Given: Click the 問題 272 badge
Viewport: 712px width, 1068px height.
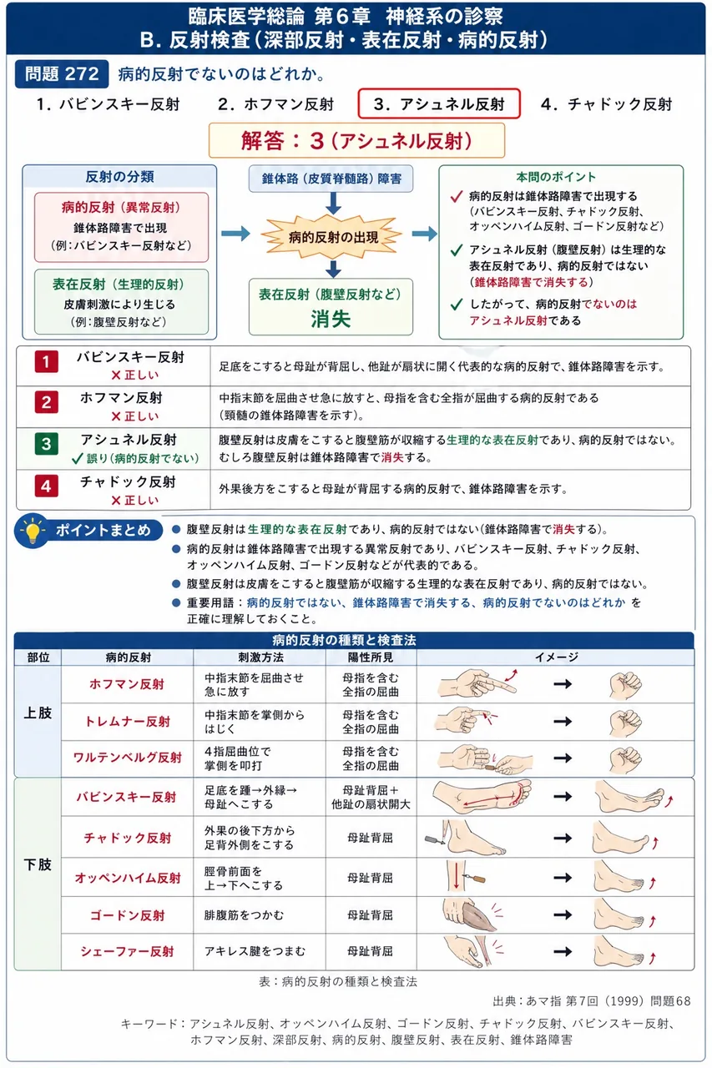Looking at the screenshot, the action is [62, 74].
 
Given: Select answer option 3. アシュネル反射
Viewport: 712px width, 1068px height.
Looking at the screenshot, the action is [439, 103].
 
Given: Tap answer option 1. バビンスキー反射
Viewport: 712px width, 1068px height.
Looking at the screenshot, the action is [109, 104].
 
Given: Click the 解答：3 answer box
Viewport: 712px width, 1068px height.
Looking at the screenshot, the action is [356, 141].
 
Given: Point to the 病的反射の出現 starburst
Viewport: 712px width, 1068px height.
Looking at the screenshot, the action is [332, 237].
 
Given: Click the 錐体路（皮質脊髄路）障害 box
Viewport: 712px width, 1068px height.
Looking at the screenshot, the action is [331, 179].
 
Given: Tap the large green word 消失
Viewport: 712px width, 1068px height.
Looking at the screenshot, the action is [331, 319].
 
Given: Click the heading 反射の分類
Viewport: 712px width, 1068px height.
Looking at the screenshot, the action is [119, 177].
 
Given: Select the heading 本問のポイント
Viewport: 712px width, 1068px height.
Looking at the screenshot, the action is [556, 177].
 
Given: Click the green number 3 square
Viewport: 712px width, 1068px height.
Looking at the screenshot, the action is [46, 444].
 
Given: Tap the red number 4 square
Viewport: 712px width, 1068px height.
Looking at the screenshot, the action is [46, 486].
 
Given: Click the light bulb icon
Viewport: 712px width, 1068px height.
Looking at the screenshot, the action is [33, 530].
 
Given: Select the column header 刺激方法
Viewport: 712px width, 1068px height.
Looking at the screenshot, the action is [260, 657].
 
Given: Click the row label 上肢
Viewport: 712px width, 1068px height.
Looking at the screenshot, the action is [38, 713].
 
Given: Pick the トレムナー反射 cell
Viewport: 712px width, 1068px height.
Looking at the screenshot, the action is [128, 722].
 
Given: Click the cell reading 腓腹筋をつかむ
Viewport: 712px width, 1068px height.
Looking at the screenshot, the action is [244, 915].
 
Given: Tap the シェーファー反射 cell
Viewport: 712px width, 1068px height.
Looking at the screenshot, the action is [128, 951].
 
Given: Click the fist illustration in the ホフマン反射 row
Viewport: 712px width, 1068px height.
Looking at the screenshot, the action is [626, 685].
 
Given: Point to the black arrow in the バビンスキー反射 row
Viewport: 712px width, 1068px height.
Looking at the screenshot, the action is [563, 796].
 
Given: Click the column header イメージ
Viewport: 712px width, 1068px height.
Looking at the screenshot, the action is [556, 657].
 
